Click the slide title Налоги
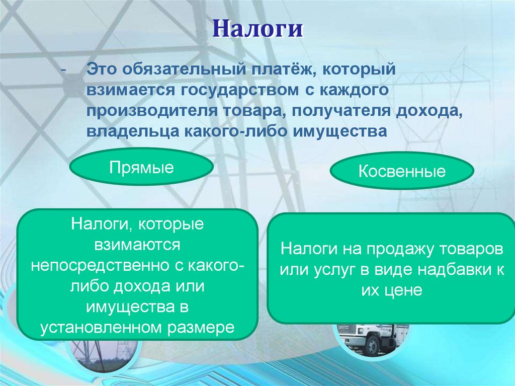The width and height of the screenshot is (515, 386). [257, 29]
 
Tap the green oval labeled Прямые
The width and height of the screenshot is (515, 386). [141, 167]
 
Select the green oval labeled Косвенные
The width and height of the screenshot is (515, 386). [402, 171]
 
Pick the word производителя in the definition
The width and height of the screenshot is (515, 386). [152, 111]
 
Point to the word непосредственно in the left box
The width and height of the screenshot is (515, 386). [100, 266]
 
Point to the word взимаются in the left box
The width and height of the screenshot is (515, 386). [138, 245]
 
